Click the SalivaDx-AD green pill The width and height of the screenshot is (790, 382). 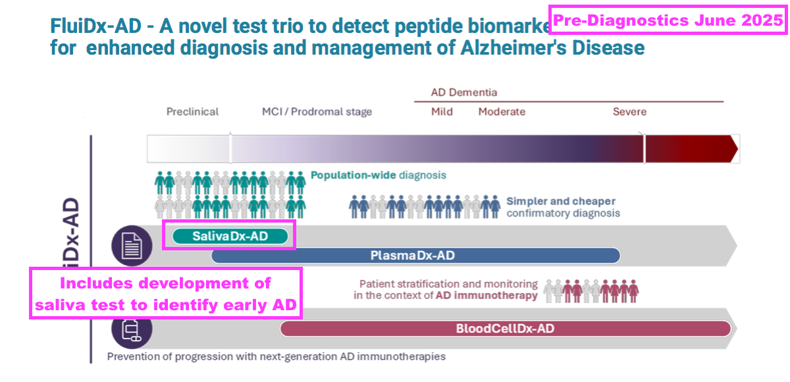pyautogui.click(x=230, y=236)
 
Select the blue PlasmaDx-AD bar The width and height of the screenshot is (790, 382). pyautogui.click(x=415, y=256)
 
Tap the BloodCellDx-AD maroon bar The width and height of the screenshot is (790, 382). pyautogui.click(x=506, y=329)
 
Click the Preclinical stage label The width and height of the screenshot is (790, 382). pyautogui.click(x=192, y=112)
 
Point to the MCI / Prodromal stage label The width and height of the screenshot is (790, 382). pyautogui.click(x=317, y=112)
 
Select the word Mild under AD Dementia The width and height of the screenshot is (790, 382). pyautogui.click(x=442, y=112)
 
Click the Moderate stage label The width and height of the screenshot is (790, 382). pyautogui.click(x=502, y=112)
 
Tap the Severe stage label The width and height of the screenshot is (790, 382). pyautogui.click(x=629, y=112)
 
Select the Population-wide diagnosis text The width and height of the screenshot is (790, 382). pyautogui.click(x=378, y=175)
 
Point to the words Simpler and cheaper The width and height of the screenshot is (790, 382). pyautogui.click(x=561, y=202)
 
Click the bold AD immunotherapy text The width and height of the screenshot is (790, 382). pyautogui.click(x=487, y=296)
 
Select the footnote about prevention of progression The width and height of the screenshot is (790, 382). pyautogui.click(x=276, y=356)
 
